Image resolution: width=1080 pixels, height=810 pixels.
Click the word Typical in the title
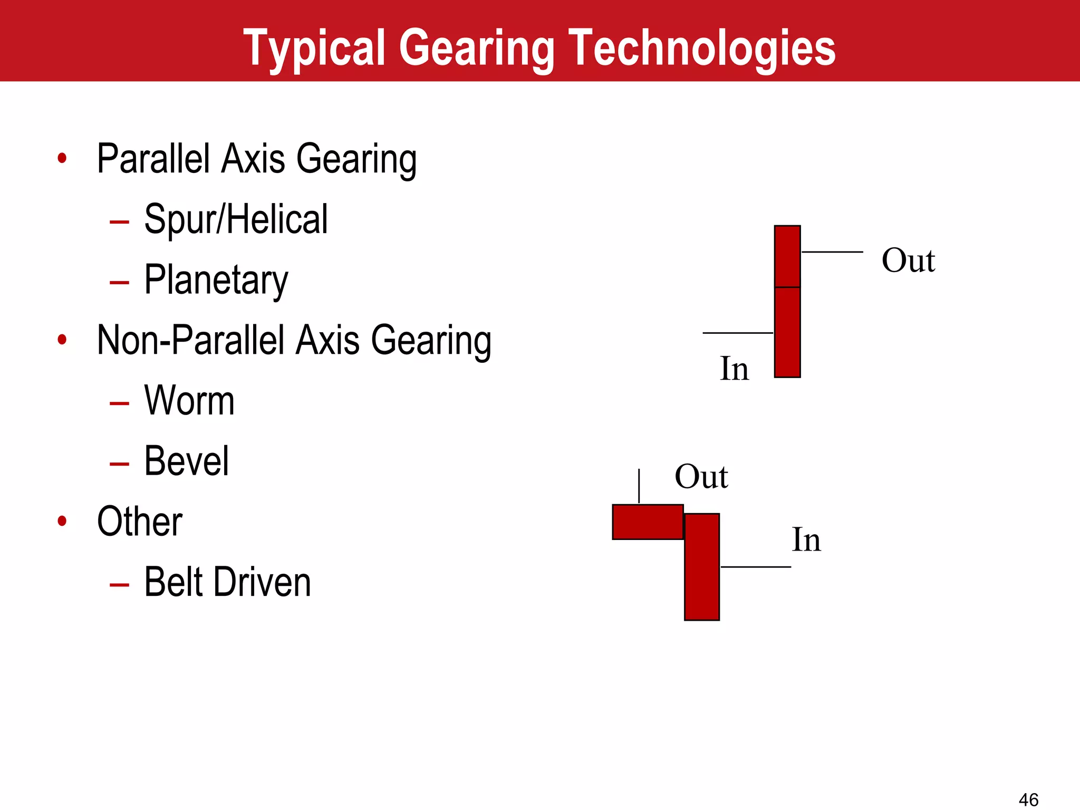pos(315,49)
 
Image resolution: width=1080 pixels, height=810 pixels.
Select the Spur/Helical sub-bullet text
pos(236,219)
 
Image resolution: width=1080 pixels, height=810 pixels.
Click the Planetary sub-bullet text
pos(216,280)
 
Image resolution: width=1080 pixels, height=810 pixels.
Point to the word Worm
pos(189,401)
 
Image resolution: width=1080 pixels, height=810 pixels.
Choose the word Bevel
pos(187,461)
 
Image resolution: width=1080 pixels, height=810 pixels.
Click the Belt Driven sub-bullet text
pos(227,582)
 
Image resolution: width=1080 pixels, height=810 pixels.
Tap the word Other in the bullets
pos(140,522)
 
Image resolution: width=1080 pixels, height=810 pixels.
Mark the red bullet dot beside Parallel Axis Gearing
pos(62,158)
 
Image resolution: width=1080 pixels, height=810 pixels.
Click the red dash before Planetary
pos(119,283)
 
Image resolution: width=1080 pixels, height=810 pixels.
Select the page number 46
pos(1028,799)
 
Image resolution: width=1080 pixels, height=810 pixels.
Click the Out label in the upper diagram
pos(908,261)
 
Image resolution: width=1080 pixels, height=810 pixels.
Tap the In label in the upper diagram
pos(734,369)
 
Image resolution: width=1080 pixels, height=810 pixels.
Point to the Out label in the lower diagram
pos(701,477)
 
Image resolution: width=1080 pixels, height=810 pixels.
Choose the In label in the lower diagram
pos(806,540)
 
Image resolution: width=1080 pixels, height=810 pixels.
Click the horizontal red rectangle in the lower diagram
pos(648,522)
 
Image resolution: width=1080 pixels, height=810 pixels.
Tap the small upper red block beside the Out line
pos(787,256)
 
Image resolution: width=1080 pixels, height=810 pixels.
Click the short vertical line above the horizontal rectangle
pos(639,486)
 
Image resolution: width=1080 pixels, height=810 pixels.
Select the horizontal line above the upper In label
pos(738,333)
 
